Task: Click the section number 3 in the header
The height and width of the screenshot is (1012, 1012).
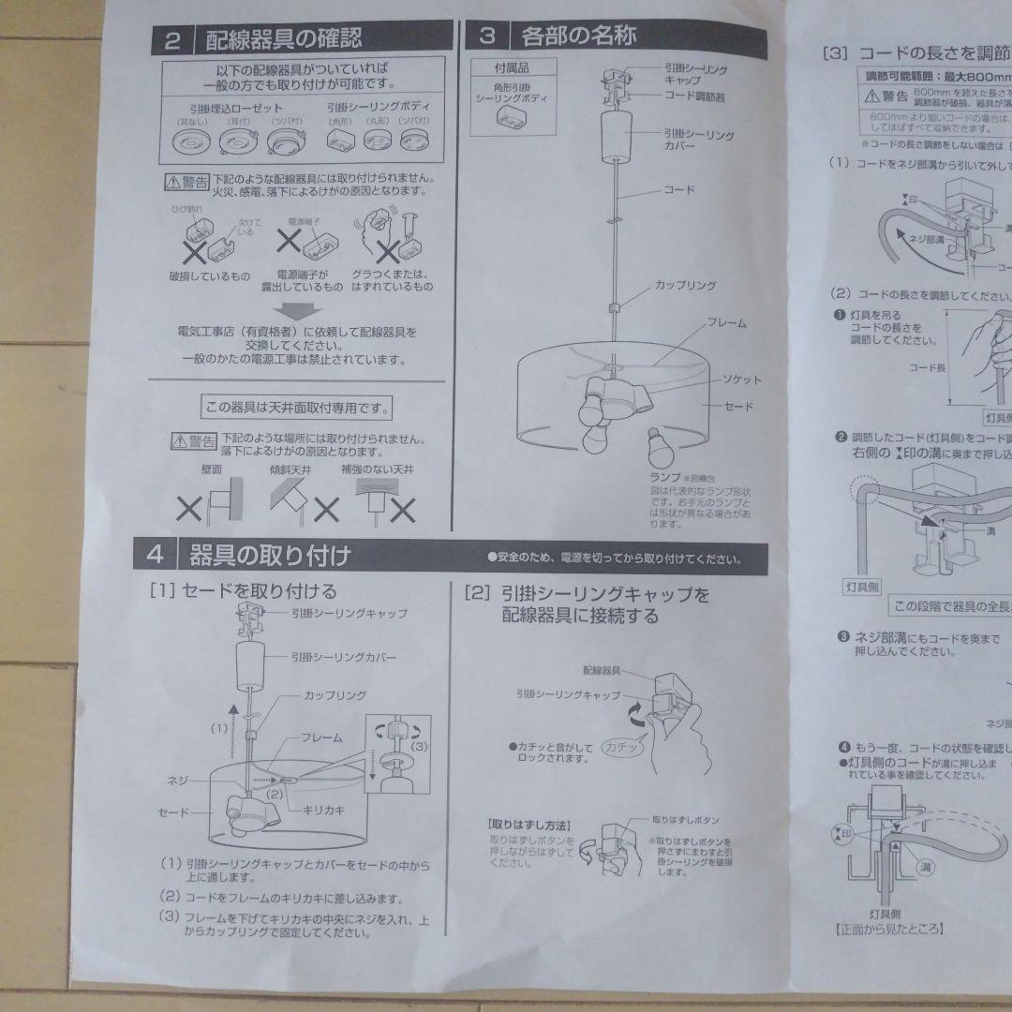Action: pyautogui.click(x=487, y=37)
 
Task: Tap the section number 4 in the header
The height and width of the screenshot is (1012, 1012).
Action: pyautogui.click(x=156, y=555)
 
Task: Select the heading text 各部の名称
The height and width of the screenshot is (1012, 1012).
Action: pyautogui.click(x=579, y=37)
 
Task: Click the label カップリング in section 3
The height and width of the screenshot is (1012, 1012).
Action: pyautogui.click(x=685, y=284)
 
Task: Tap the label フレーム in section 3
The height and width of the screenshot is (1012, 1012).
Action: pyautogui.click(x=726, y=322)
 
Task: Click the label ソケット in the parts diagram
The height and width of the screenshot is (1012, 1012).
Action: pyautogui.click(x=740, y=379)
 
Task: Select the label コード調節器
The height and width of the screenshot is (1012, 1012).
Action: pyautogui.click(x=694, y=96)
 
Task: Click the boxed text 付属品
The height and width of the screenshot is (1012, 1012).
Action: pyautogui.click(x=513, y=68)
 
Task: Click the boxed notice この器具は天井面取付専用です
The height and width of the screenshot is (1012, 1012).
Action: pyautogui.click(x=296, y=408)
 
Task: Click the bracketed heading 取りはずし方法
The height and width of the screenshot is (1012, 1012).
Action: pyautogui.click(x=528, y=824)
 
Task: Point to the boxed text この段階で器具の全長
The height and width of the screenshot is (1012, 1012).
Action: pyautogui.click(x=947, y=605)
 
